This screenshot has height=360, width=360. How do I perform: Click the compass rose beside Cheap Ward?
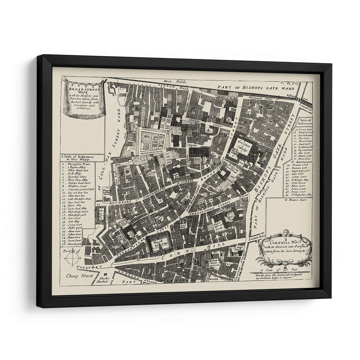pos(72,258)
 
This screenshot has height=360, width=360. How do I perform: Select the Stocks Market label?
pos(105,280)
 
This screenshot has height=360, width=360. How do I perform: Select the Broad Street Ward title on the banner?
pos(82,85)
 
